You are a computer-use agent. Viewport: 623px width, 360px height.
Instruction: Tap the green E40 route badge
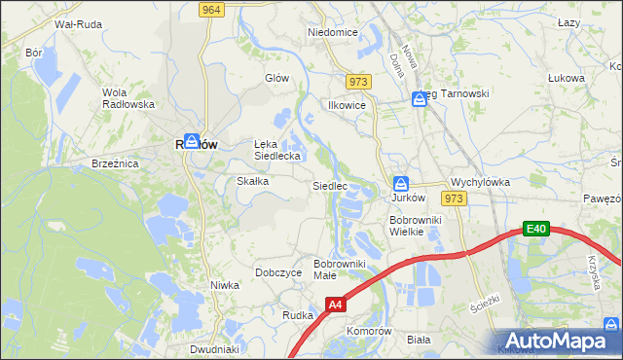535,229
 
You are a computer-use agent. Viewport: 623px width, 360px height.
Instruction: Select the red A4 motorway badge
335,305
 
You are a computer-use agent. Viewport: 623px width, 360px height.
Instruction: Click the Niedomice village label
332,32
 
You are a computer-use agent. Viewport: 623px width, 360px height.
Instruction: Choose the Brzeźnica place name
115,164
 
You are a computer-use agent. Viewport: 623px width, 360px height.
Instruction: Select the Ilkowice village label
347,105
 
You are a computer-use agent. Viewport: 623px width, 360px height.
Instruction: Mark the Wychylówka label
481,182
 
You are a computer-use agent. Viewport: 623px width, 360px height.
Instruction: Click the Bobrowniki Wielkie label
416,226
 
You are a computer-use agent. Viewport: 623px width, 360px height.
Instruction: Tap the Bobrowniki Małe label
339,269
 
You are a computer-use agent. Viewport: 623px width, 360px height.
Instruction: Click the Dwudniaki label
215,349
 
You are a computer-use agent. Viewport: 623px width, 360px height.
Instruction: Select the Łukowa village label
566,78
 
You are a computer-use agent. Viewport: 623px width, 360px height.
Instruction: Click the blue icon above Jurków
400,183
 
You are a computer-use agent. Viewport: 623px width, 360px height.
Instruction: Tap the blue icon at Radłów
192,142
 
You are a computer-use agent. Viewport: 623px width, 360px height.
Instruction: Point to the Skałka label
253,182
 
